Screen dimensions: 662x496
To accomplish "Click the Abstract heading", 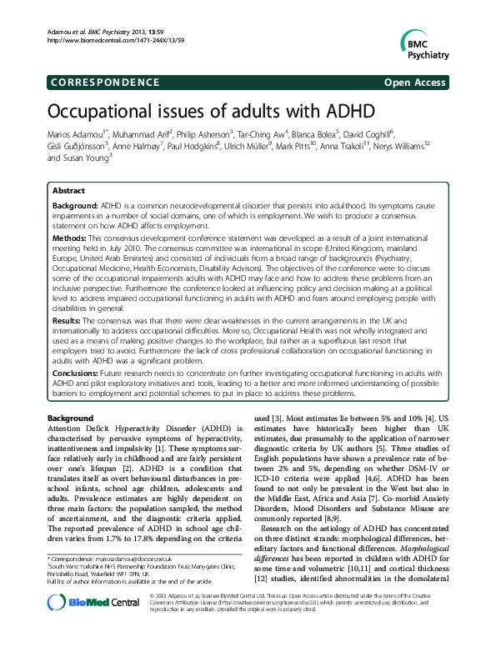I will point(68,191).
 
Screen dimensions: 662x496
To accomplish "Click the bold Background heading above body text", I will point(70,416).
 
